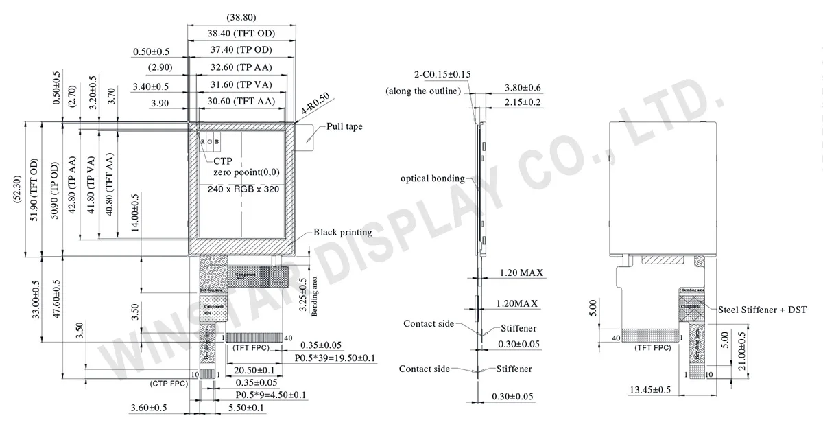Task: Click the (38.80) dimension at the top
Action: point(241,16)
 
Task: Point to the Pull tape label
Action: point(344,126)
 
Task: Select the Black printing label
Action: point(342,232)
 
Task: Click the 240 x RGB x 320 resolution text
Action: point(241,189)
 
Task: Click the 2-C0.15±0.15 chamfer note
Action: point(442,75)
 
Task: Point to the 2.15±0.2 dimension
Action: point(523,102)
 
